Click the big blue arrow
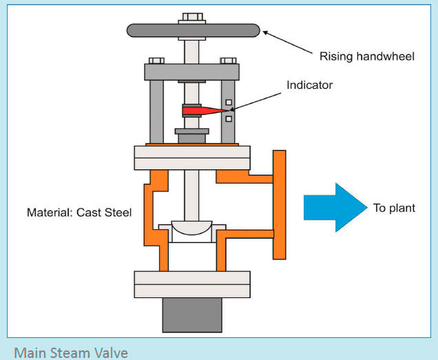(335, 207)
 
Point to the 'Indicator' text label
(310, 85)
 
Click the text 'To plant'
(394, 208)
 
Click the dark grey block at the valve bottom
(192, 315)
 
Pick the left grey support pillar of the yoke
(157, 112)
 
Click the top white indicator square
(229, 103)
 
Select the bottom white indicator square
(229, 119)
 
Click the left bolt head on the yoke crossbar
(156, 61)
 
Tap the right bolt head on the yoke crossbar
(228, 61)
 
